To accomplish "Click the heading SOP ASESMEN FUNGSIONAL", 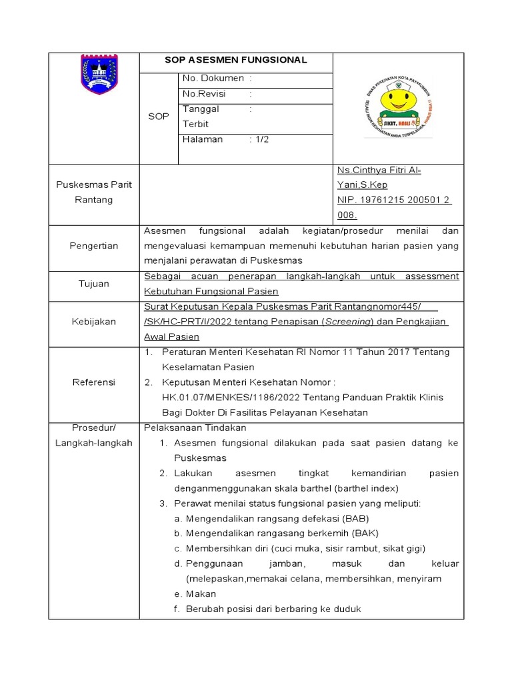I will (236, 60).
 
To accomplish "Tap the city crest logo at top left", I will (99, 75).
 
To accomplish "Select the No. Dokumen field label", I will (213, 79).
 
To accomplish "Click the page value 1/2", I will (261, 139).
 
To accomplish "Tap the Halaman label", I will (203, 139).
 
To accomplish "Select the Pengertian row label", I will (94, 246).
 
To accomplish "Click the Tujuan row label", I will (94, 284).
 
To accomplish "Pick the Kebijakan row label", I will (94, 322).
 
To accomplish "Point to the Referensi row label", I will (94, 382).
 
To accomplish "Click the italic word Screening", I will (347, 322).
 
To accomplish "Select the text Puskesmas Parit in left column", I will (94, 185).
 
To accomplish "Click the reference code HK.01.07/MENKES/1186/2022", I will (221, 398).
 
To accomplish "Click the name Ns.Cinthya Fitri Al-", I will (379, 170).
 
